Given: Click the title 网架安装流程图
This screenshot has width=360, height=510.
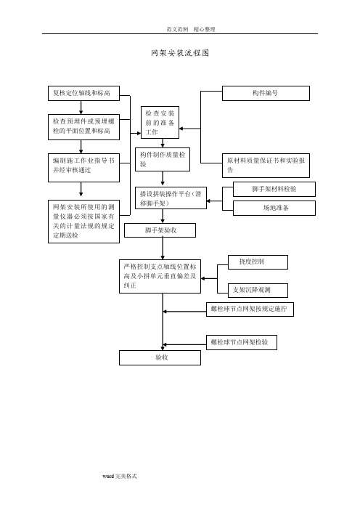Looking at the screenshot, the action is (180, 53).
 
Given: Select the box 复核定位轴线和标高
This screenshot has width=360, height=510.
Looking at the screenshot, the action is (83, 93).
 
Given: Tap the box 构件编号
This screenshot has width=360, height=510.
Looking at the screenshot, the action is (266, 93).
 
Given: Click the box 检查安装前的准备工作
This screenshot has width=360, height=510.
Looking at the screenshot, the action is (160, 122).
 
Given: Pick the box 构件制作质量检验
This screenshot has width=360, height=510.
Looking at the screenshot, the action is (163, 159).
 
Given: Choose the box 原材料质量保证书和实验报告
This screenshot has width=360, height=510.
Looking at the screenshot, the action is (266, 166).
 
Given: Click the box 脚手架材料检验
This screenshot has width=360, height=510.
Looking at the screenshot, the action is (274, 189).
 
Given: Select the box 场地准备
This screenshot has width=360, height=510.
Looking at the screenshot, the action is (274, 208).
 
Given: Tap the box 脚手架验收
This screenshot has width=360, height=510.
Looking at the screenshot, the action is (160, 230).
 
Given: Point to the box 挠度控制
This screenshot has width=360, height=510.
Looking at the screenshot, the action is (258, 262).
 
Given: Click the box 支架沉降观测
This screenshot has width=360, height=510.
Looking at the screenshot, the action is (258, 290).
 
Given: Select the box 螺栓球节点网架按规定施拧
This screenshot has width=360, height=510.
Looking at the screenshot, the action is (250, 309).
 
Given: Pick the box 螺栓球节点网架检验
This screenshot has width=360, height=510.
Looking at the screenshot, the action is (242, 342).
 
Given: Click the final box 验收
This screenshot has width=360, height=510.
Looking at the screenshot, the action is (160, 357).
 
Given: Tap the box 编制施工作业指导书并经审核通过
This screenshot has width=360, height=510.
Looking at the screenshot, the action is (83, 168).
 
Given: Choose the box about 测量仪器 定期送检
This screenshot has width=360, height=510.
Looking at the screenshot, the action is (83, 222).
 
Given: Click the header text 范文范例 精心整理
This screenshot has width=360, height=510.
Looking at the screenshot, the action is (191, 29).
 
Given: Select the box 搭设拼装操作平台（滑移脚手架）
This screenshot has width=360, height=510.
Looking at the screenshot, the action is (171, 198).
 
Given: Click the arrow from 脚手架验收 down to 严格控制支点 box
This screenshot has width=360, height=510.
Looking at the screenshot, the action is (163, 248).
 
